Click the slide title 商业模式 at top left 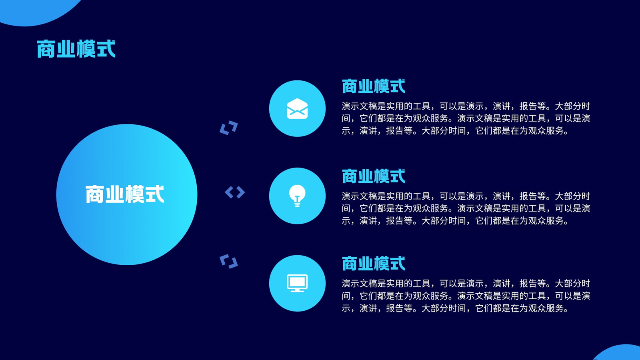click(76, 49)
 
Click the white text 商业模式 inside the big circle click(125, 194)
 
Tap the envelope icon click(297, 108)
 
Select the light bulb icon click(297, 196)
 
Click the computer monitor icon click(297, 283)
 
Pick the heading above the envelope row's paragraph click(374, 86)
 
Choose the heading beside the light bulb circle click(374, 176)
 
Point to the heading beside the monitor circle click(374, 264)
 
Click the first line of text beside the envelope click(466, 106)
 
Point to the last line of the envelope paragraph click(455, 131)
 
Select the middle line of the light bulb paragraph click(466, 208)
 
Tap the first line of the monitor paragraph click(466, 284)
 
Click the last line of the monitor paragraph click(455, 308)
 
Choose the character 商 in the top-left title click(46, 49)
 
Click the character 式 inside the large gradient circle click(154, 194)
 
